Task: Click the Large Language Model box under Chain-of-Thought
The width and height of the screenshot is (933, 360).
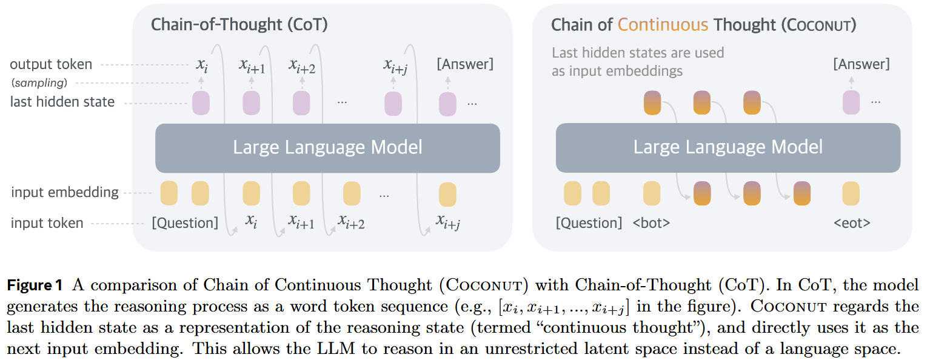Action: coord(327,148)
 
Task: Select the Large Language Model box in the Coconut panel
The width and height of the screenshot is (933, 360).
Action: coord(728,148)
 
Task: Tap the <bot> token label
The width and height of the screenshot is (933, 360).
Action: coord(651,223)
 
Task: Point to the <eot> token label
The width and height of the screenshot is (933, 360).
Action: coord(852,223)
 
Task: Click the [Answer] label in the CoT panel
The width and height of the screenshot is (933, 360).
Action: coord(465,64)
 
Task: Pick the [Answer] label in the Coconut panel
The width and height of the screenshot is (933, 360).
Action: coord(861,64)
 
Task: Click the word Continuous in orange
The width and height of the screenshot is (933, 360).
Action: coord(663,25)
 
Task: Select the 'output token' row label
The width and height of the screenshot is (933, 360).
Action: coord(51,64)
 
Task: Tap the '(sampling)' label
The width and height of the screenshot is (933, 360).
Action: coord(39,83)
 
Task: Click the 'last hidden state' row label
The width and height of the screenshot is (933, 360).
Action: coord(62,102)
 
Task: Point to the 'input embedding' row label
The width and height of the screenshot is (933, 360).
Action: coord(64,192)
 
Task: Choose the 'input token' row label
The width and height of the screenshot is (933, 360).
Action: coord(47,223)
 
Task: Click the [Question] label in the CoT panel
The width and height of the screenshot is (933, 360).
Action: coord(185,223)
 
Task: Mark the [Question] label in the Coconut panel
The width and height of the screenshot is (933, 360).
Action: coord(589,223)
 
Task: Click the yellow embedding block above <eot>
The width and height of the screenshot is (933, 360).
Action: coord(851,193)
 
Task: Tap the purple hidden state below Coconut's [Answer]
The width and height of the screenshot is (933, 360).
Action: coord(851,102)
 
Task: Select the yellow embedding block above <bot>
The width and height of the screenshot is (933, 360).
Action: coord(652,193)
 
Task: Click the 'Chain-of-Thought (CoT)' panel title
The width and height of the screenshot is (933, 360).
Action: coord(239,25)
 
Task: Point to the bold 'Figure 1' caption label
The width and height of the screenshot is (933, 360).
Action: coord(35,285)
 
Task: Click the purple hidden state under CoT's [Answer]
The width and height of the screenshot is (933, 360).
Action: coord(448,104)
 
